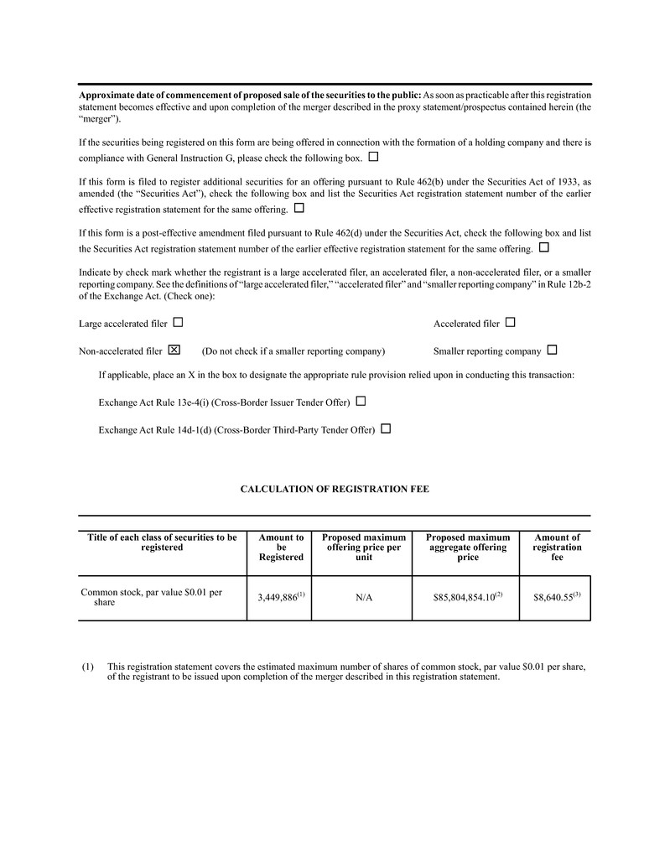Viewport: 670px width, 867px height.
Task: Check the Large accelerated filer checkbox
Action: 178,323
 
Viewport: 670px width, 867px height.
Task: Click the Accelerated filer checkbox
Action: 511,323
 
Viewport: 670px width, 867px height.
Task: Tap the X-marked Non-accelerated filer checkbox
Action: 174,350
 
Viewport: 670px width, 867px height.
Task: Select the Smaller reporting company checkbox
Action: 552,350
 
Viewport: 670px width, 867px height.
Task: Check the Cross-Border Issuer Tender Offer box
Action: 361,402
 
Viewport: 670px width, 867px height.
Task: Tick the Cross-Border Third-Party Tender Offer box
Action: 386,428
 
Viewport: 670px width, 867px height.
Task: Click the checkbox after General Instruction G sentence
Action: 373,157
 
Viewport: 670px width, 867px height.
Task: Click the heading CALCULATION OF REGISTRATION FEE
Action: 335,489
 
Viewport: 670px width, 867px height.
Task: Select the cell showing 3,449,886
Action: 279,598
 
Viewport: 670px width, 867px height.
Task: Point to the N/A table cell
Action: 361,598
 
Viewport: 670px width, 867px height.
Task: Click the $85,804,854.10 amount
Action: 465,598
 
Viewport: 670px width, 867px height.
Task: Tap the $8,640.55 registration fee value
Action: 555,598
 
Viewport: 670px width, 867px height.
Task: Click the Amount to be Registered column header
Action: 281,548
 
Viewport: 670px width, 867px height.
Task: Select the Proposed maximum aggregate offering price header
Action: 468,548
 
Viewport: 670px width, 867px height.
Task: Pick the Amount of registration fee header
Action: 557,548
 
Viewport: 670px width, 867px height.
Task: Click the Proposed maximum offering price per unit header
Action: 363,548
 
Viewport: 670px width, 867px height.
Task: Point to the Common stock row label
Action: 151,597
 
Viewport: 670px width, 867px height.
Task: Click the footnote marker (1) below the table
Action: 87,667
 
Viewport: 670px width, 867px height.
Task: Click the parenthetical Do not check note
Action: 293,350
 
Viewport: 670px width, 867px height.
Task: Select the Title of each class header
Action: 162,543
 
